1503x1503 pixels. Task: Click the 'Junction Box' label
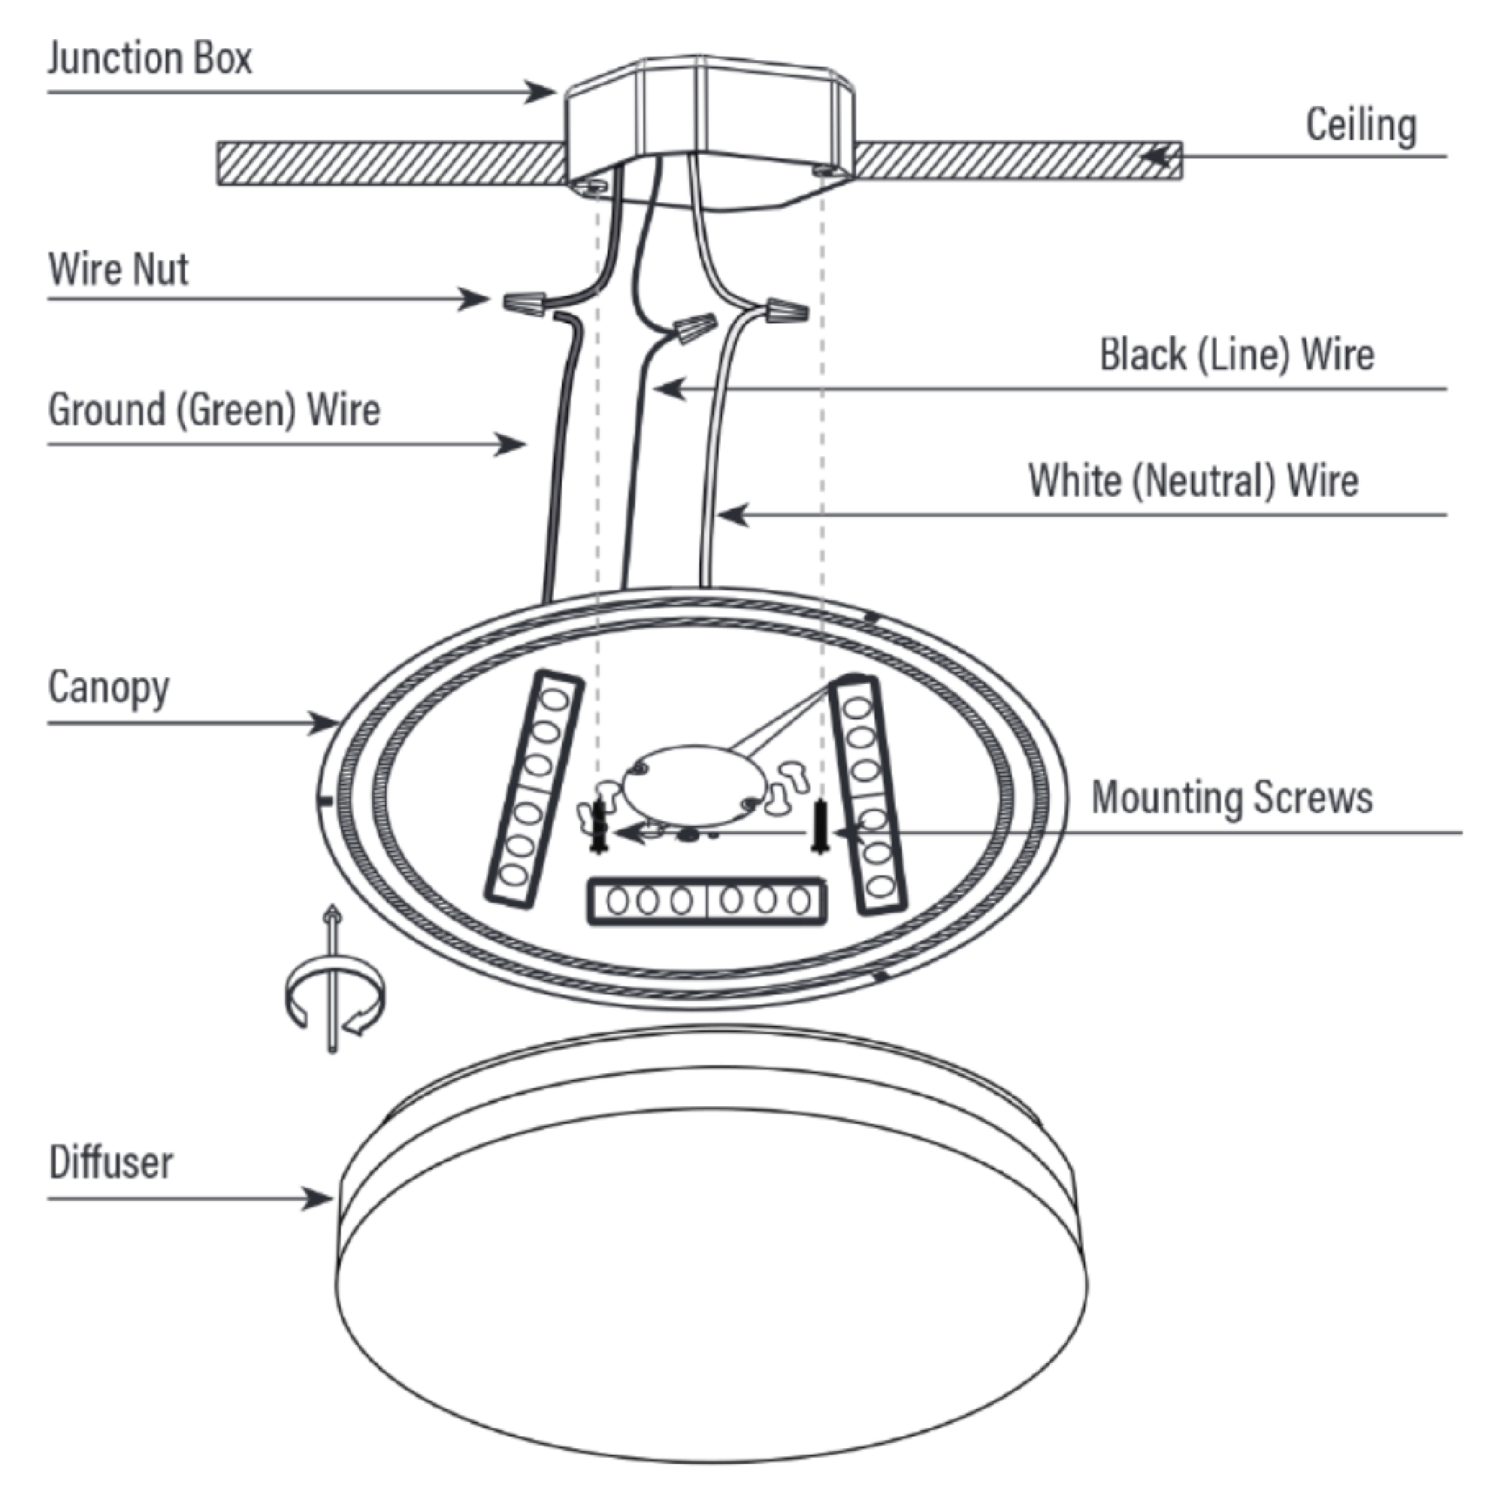[150, 59]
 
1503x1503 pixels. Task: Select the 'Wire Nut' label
[118, 269]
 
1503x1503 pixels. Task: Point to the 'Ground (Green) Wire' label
[214, 410]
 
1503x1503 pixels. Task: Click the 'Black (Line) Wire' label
[1236, 355]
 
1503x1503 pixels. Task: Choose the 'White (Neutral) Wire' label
[1193, 480]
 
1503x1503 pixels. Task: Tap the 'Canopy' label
[108, 688]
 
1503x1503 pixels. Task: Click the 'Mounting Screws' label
[1232, 798]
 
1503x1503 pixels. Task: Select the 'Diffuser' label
[110, 1163]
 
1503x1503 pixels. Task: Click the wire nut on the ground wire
[524, 301]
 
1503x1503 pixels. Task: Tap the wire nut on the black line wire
[695, 327]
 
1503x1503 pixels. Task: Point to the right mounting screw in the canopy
[818, 826]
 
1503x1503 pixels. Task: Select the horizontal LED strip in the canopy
[706, 901]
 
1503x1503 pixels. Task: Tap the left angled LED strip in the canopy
[534, 788]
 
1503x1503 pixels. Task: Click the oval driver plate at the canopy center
[688, 787]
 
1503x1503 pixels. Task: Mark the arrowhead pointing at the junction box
[540, 92]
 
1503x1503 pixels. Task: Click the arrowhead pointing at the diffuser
[319, 1198]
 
